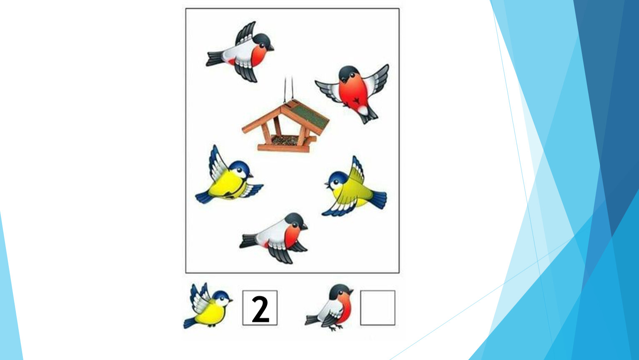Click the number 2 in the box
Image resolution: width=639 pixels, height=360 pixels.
point(261,309)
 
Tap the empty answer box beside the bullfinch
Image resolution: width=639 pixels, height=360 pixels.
point(378,308)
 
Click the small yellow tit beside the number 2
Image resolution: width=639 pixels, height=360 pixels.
point(208,306)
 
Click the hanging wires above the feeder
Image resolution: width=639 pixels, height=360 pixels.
point(288,89)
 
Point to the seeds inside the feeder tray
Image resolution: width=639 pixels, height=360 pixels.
point(285,140)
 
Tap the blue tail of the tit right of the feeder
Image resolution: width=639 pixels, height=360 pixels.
point(378,199)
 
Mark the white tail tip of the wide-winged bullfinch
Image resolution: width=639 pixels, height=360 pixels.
point(363,110)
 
